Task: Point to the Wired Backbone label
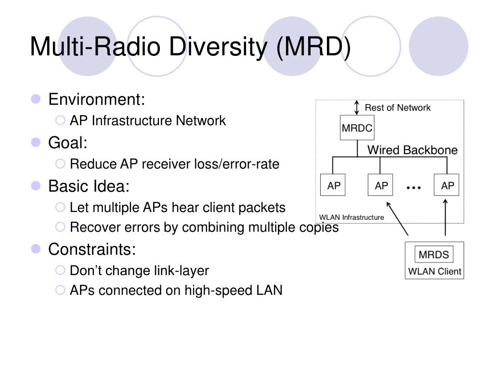pyautogui.click(x=413, y=150)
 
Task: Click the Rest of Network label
pyautogui.click(x=398, y=107)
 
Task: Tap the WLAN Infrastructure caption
pyautogui.click(x=351, y=217)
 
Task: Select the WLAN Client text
pyautogui.click(x=435, y=271)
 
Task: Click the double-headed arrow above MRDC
pyautogui.click(x=357, y=107)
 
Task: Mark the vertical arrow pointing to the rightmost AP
pyautogui.click(x=445, y=217)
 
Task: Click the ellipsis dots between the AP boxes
pyautogui.click(x=414, y=188)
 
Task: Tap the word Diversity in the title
pyautogui.click(x=218, y=47)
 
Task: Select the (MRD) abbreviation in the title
pyautogui.click(x=313, y=47)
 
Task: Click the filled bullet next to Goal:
pyautogui.click(x=36, y=143)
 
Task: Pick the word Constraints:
pyautogui.click(x=92, y=249)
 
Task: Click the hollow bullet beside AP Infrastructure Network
pyautogui.click(x=60, y=120)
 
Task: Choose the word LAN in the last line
pyautogui.click(x=269, y=290)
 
